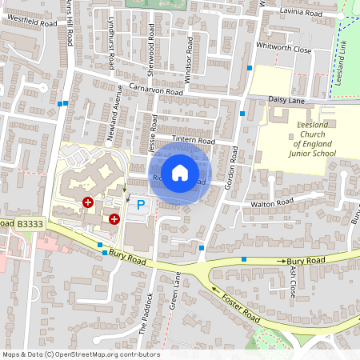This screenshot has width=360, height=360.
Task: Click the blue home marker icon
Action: click(x=180, y=173)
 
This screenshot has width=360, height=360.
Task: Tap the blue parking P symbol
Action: click(x=141, y=205)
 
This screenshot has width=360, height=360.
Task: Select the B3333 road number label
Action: click(x=30, y=225)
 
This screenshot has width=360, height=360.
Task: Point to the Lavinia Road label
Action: click(x=301, y=14)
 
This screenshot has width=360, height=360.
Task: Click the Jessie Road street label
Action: click(x=151, y=134)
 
